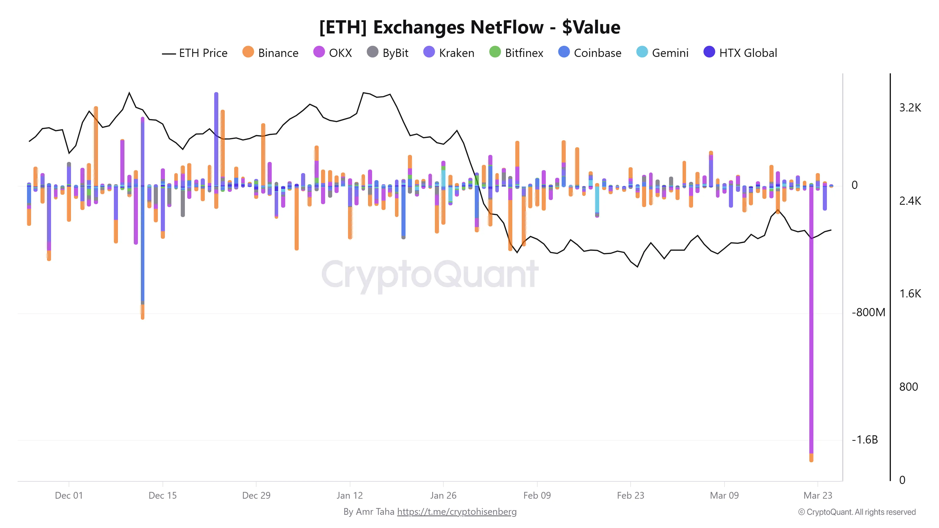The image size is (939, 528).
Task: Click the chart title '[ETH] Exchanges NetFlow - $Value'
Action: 469,27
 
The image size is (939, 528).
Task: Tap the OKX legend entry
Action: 332,53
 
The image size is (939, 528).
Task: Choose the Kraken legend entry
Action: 449,53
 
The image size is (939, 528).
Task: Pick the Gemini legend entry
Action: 662,53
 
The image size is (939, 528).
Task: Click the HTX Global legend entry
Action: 740,53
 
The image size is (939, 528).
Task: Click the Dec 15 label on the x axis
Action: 163,495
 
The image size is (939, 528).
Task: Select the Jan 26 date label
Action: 443,495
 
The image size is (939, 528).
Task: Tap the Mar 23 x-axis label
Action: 818,495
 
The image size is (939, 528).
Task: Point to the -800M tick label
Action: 868,312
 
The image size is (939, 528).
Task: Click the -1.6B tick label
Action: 865,439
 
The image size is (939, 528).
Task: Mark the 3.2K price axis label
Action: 910,107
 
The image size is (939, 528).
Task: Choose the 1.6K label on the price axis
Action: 910,293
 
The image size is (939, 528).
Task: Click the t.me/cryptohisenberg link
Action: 457,512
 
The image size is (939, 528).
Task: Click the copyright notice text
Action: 857,512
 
